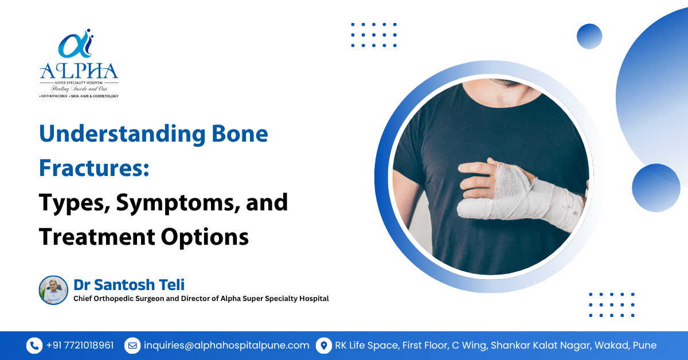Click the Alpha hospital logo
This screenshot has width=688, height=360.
pos(79,63)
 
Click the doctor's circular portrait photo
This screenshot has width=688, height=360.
pos(53,290)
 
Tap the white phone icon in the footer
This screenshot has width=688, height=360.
pos(34,346)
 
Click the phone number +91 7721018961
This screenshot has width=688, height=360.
pos(80,346)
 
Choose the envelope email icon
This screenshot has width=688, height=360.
pos(132,346)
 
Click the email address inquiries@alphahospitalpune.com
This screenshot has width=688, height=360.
pos(226,346)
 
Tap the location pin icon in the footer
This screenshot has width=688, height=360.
pos(324,346)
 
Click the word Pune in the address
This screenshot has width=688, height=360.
pos(644,346)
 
